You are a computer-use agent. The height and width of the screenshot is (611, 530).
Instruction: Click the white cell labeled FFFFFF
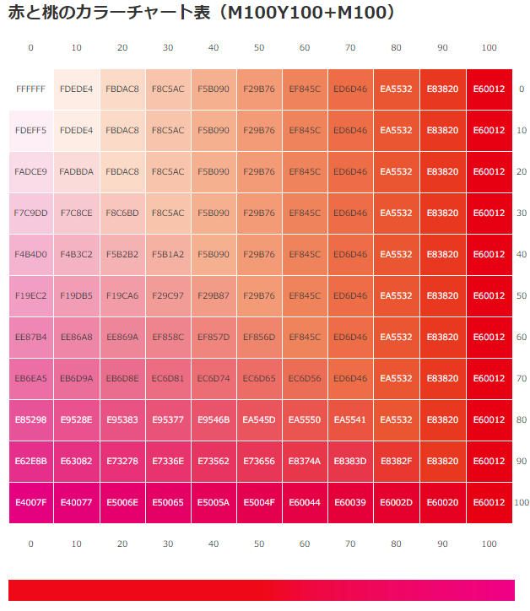[x=30, y=89]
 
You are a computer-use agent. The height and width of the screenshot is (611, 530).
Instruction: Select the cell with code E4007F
[x=30, y=503]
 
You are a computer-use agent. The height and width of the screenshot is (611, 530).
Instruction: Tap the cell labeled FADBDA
[x=76, y=171]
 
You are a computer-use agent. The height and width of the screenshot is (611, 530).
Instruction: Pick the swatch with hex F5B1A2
[x=167, y=254]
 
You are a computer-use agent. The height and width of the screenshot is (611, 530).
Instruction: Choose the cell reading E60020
[x=442, y=503]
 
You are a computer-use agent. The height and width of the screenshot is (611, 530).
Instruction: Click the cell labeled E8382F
[x=396, y=462]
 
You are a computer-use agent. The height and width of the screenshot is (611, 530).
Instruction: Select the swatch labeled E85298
[x=30, y=420]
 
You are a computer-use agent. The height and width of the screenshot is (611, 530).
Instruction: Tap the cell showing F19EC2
[x=30, y=295]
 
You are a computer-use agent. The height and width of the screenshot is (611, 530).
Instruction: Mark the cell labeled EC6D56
[x=305, y=379]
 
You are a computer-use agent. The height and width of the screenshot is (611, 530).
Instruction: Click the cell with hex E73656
[x=259, y=462]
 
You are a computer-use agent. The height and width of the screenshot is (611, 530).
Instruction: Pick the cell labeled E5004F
[x=259, y=503]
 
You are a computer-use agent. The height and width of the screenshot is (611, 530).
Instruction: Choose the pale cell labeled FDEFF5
[x=30, y=130]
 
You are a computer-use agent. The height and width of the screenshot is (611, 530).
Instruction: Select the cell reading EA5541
[x=350, y=420]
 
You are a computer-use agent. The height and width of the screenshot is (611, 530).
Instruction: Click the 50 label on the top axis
[x=259, y=48]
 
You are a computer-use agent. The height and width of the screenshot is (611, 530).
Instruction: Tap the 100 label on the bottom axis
[x=489, y=544]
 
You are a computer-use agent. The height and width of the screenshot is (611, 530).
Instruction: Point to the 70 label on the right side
[x=521, y=379]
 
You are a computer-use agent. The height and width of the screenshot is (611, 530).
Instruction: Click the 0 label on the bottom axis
[x=30, y=544]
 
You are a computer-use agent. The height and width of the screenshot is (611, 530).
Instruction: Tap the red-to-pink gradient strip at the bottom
[x=261, y=590]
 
